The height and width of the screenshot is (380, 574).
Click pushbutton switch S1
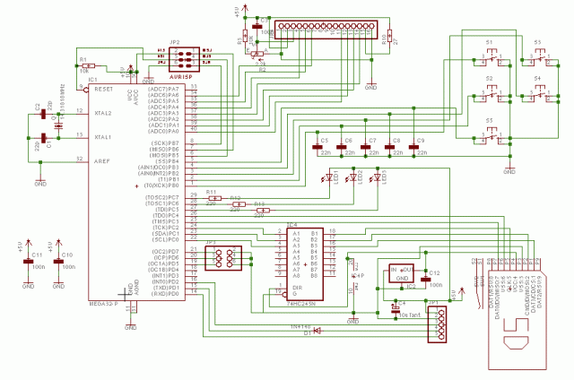[x=491, y=60]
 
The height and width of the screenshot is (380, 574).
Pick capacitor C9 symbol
[x=411, y=144]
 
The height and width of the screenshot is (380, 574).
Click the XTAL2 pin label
[x=100, y=113]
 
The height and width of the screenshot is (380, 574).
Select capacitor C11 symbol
[x=29, y=263]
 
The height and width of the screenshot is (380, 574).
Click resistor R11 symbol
[x=214, y=199]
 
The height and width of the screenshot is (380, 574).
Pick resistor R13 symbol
[x=261, y=211]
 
